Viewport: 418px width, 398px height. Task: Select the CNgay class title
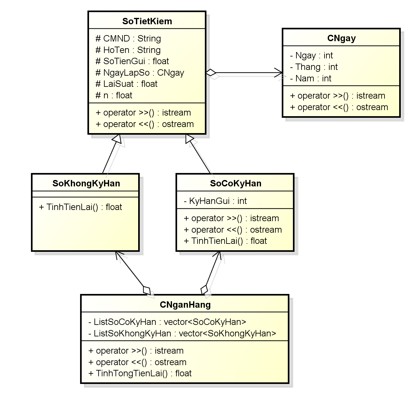pos(341,38)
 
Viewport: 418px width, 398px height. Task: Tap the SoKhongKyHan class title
pos(86,183)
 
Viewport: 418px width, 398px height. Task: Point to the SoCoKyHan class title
pos(235,183)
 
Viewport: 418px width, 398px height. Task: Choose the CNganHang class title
pos(185,304)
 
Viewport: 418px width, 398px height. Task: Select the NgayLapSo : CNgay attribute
pos(140,73)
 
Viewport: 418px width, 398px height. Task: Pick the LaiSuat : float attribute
pos(127,84)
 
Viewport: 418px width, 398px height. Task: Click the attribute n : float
pos(114,95)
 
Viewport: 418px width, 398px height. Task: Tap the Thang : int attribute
pos(314,67)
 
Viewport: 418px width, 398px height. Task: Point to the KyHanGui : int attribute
pos(215,201)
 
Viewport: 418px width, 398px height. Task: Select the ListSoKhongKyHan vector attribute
pos(182,334)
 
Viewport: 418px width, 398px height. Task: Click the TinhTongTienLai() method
pos(140,373)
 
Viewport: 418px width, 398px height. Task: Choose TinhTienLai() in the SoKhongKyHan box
pos(80,207)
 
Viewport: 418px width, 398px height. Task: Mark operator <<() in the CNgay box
pos(339,107)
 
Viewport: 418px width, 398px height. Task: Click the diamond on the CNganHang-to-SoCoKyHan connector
pos(205,289)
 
